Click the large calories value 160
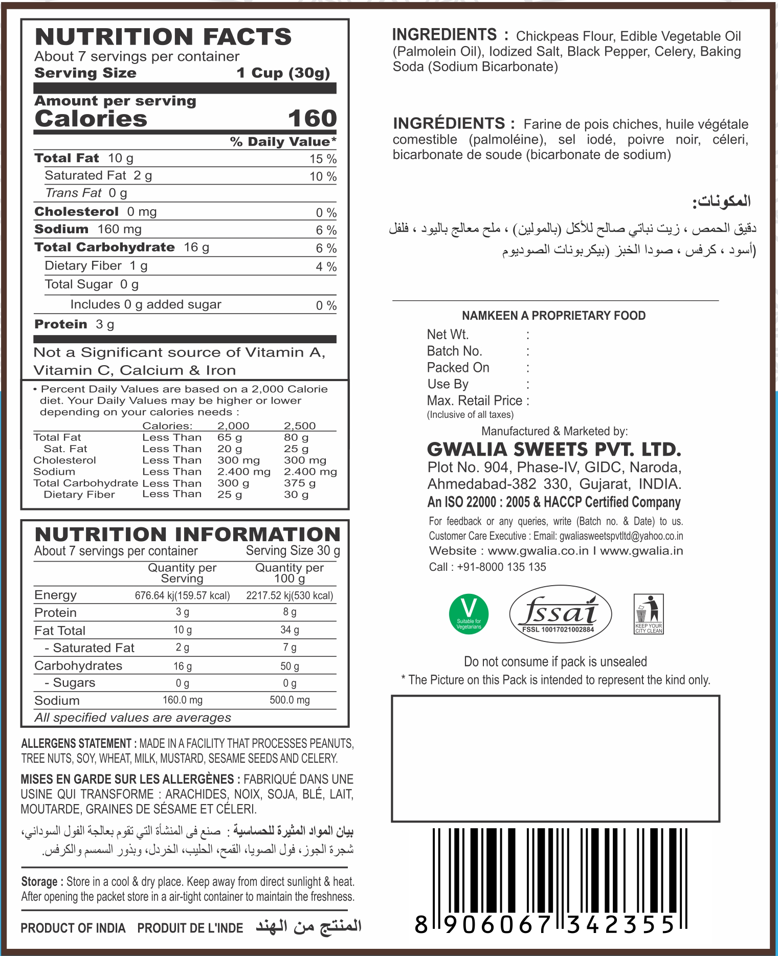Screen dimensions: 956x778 (x=312, y=119)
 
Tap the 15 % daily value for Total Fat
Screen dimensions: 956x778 (x=323, y=159)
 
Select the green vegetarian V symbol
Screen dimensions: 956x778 (x=469, y=614)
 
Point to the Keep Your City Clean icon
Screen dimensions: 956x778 (x=649, y=614)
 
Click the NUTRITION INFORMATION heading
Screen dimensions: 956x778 (x=187, y=535)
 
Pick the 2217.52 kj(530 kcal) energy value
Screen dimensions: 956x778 (x=290, y=595)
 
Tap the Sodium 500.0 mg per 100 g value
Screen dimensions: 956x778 (x=290, y=700)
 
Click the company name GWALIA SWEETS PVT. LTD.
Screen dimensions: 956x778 (x=554, y=450)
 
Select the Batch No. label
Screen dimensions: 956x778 (x=454, y=351)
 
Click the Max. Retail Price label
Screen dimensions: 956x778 (x=475, y=401)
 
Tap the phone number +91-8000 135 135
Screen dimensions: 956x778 (x=501, y=567)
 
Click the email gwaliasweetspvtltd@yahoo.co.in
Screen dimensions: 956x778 (x=621, y=536)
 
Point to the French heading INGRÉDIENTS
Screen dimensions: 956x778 (x=449, y=124)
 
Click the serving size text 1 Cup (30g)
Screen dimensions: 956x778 (x=283, y=73)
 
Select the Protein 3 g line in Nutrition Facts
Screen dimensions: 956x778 (x=74, y=324)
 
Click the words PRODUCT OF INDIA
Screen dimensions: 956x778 (x=73, y=928)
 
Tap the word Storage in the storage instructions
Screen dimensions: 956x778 (x=39, y=882)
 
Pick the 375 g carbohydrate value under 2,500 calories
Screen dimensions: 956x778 (x=299, y=483)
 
